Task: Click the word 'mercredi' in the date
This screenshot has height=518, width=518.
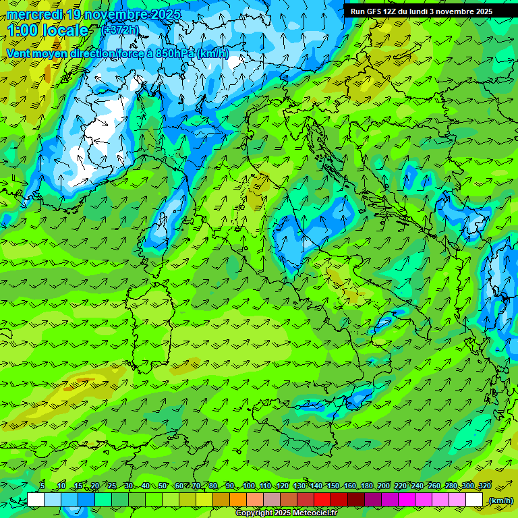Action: point(31,14)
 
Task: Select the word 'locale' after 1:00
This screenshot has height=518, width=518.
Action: point(65,30)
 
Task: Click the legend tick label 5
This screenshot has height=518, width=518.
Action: point(42,486)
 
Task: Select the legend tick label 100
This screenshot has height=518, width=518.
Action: point(249,486)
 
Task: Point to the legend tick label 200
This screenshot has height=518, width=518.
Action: point(384,486)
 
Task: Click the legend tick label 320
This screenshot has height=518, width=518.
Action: point(484,486)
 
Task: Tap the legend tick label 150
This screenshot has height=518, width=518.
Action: point(333,486)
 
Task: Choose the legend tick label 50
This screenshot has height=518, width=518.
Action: point(163,486)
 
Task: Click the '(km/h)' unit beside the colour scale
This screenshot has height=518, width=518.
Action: point(500,500)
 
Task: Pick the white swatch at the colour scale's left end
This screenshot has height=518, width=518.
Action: point(36,500)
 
